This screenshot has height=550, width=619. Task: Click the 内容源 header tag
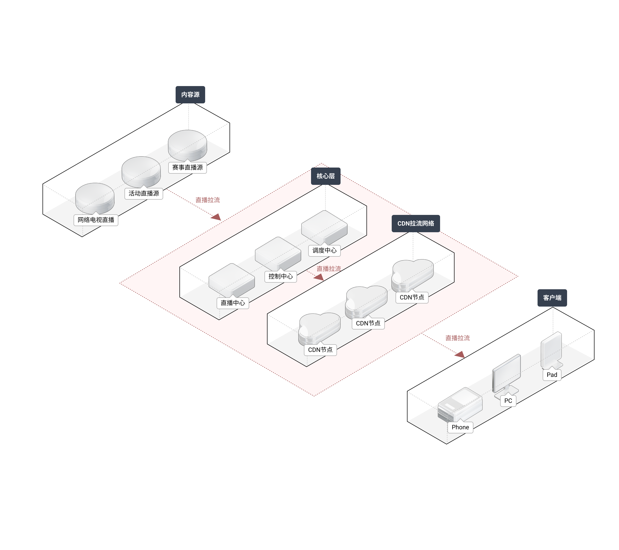[190, 94]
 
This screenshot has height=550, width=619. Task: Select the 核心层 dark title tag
[326, 176]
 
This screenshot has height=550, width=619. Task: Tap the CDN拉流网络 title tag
[415, 224]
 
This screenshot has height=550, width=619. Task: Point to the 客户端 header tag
[552, 298]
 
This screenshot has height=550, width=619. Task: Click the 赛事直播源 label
[188, 168]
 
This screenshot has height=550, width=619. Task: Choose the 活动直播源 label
[144, 194]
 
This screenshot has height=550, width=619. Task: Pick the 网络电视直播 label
[96, 220]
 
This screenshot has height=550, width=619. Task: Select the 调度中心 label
[324, 251]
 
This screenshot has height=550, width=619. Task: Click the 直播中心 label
[233, 303]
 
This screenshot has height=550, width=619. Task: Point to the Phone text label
[460, 427]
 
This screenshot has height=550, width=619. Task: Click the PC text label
[508, 401]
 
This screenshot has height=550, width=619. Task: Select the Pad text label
[552, 375]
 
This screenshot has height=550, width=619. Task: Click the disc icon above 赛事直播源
[188, 145]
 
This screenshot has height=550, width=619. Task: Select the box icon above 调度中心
[324, 227]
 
